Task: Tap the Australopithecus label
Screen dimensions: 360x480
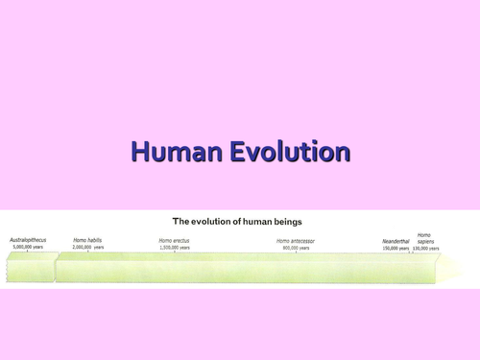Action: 30,239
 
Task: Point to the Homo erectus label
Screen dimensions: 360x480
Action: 175,240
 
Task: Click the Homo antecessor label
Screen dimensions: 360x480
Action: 295,240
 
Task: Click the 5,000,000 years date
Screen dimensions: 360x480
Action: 30,247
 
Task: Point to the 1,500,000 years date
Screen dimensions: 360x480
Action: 175,248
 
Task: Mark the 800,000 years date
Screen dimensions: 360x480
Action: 295,248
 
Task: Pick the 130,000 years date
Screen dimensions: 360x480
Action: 423,248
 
